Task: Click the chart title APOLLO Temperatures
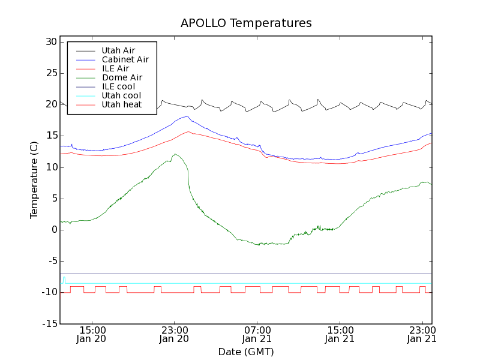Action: click(246, 23)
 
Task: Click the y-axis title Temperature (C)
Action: click(34, 180)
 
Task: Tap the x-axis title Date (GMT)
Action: click(246, 352)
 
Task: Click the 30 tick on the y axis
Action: click(50, 42)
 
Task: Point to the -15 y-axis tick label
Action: click(49, 323)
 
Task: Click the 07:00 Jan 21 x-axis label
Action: click(257, 334)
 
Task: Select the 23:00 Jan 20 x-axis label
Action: click(175, 334)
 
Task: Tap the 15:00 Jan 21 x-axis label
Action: click(340, 334)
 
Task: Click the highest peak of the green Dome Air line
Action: click(175, 154)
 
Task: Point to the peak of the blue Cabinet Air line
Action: click(187, 116)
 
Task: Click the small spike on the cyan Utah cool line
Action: click(64, 278)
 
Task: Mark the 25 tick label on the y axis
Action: click(50, 73)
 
